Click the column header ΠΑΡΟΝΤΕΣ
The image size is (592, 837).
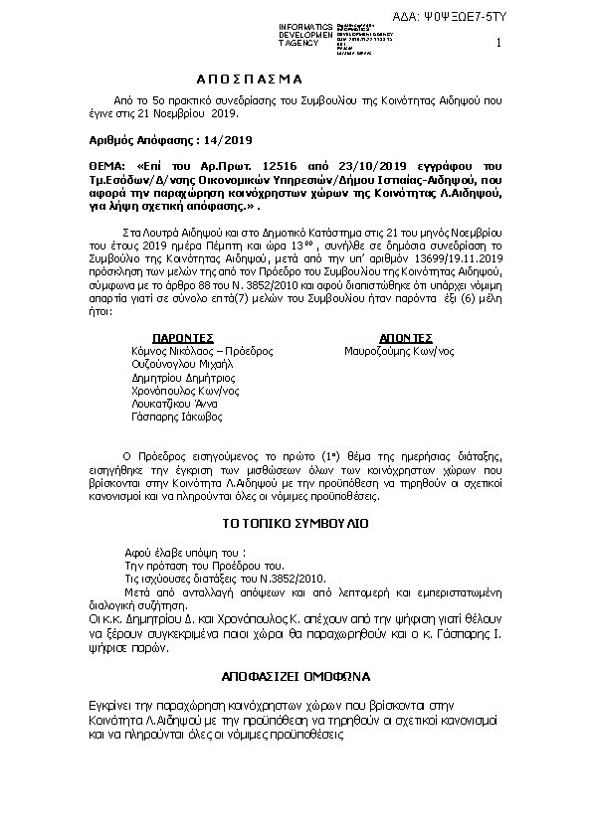187,338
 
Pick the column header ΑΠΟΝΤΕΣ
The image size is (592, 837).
405,338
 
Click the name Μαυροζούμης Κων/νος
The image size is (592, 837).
399,351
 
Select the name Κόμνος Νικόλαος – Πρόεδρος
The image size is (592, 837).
202,351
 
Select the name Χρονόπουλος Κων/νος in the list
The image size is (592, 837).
185,392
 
